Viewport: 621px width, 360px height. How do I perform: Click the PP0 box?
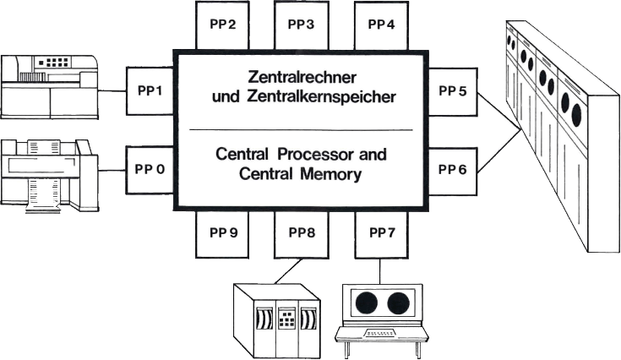[149, 169]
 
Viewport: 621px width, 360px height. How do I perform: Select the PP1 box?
[149, 89]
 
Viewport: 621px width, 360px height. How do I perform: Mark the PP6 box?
[452, 169]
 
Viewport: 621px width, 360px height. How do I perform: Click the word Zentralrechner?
[301, 78]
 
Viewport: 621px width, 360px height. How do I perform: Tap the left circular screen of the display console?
[366, 303]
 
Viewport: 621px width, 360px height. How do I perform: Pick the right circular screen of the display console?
[396, 303]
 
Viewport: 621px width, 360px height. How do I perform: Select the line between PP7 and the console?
[381, 270]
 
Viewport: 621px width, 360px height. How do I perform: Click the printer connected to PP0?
[46, 173]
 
